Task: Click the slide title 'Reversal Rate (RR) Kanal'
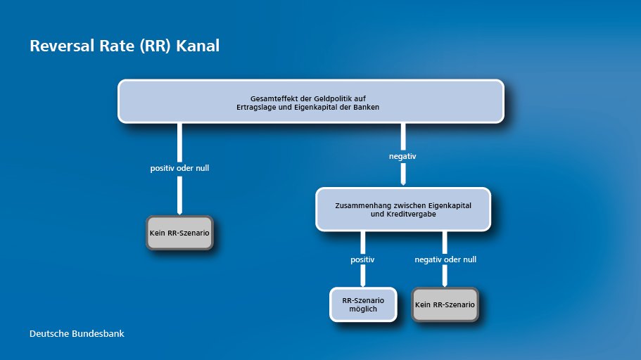click(125, 46)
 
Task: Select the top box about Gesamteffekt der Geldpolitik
click(310, 101)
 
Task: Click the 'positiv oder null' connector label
click(180, 169)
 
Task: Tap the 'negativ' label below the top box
click(402, 156)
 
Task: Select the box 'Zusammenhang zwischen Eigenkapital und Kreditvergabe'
click(402, 209)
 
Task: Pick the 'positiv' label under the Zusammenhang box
click(362, 259)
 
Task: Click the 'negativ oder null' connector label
click(445, 259)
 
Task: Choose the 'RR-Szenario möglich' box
click(362, 304)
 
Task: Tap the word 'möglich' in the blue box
click(363, 309)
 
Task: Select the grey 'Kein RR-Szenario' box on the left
click(180, 231)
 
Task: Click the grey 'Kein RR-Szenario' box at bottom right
click(445, 304)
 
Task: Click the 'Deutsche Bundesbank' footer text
click(77, 333)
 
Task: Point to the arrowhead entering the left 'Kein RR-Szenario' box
click(180, 212)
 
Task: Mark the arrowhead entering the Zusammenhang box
click(402, 183)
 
